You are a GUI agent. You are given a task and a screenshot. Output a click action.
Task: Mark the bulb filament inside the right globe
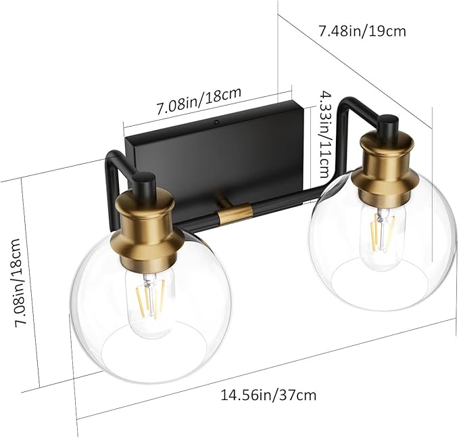click(x=383, y=230)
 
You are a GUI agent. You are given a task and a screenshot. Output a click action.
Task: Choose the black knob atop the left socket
click(x=144, y=183)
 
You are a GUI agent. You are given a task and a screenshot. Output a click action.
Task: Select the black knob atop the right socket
click(x=387, y=125)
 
